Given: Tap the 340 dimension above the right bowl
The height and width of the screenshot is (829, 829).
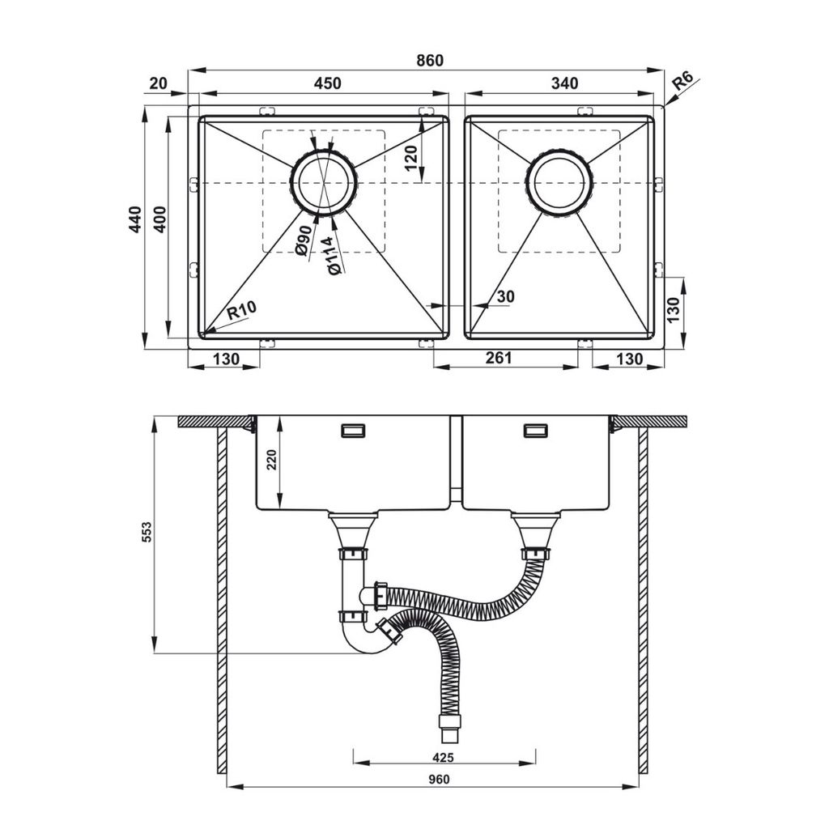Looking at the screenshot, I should tap(563, 83).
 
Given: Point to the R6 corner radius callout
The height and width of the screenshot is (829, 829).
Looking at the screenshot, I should tap(684, 81).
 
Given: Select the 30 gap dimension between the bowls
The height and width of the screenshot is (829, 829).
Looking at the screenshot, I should tap(505, 297).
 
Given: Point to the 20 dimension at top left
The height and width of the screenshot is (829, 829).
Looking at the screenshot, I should tap(159, 83).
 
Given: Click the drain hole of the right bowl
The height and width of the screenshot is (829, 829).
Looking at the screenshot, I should tap(559, 182).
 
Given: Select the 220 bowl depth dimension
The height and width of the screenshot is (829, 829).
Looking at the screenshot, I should tap(271, 460).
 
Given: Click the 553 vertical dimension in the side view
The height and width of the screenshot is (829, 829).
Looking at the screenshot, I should tap(146, 532).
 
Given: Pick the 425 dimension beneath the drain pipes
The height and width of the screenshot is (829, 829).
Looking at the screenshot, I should tap(444, 758).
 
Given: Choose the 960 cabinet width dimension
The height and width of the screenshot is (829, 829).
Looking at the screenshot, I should tap(438, 780).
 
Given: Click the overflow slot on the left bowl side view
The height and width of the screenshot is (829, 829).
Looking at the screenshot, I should tap(354, 431).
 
